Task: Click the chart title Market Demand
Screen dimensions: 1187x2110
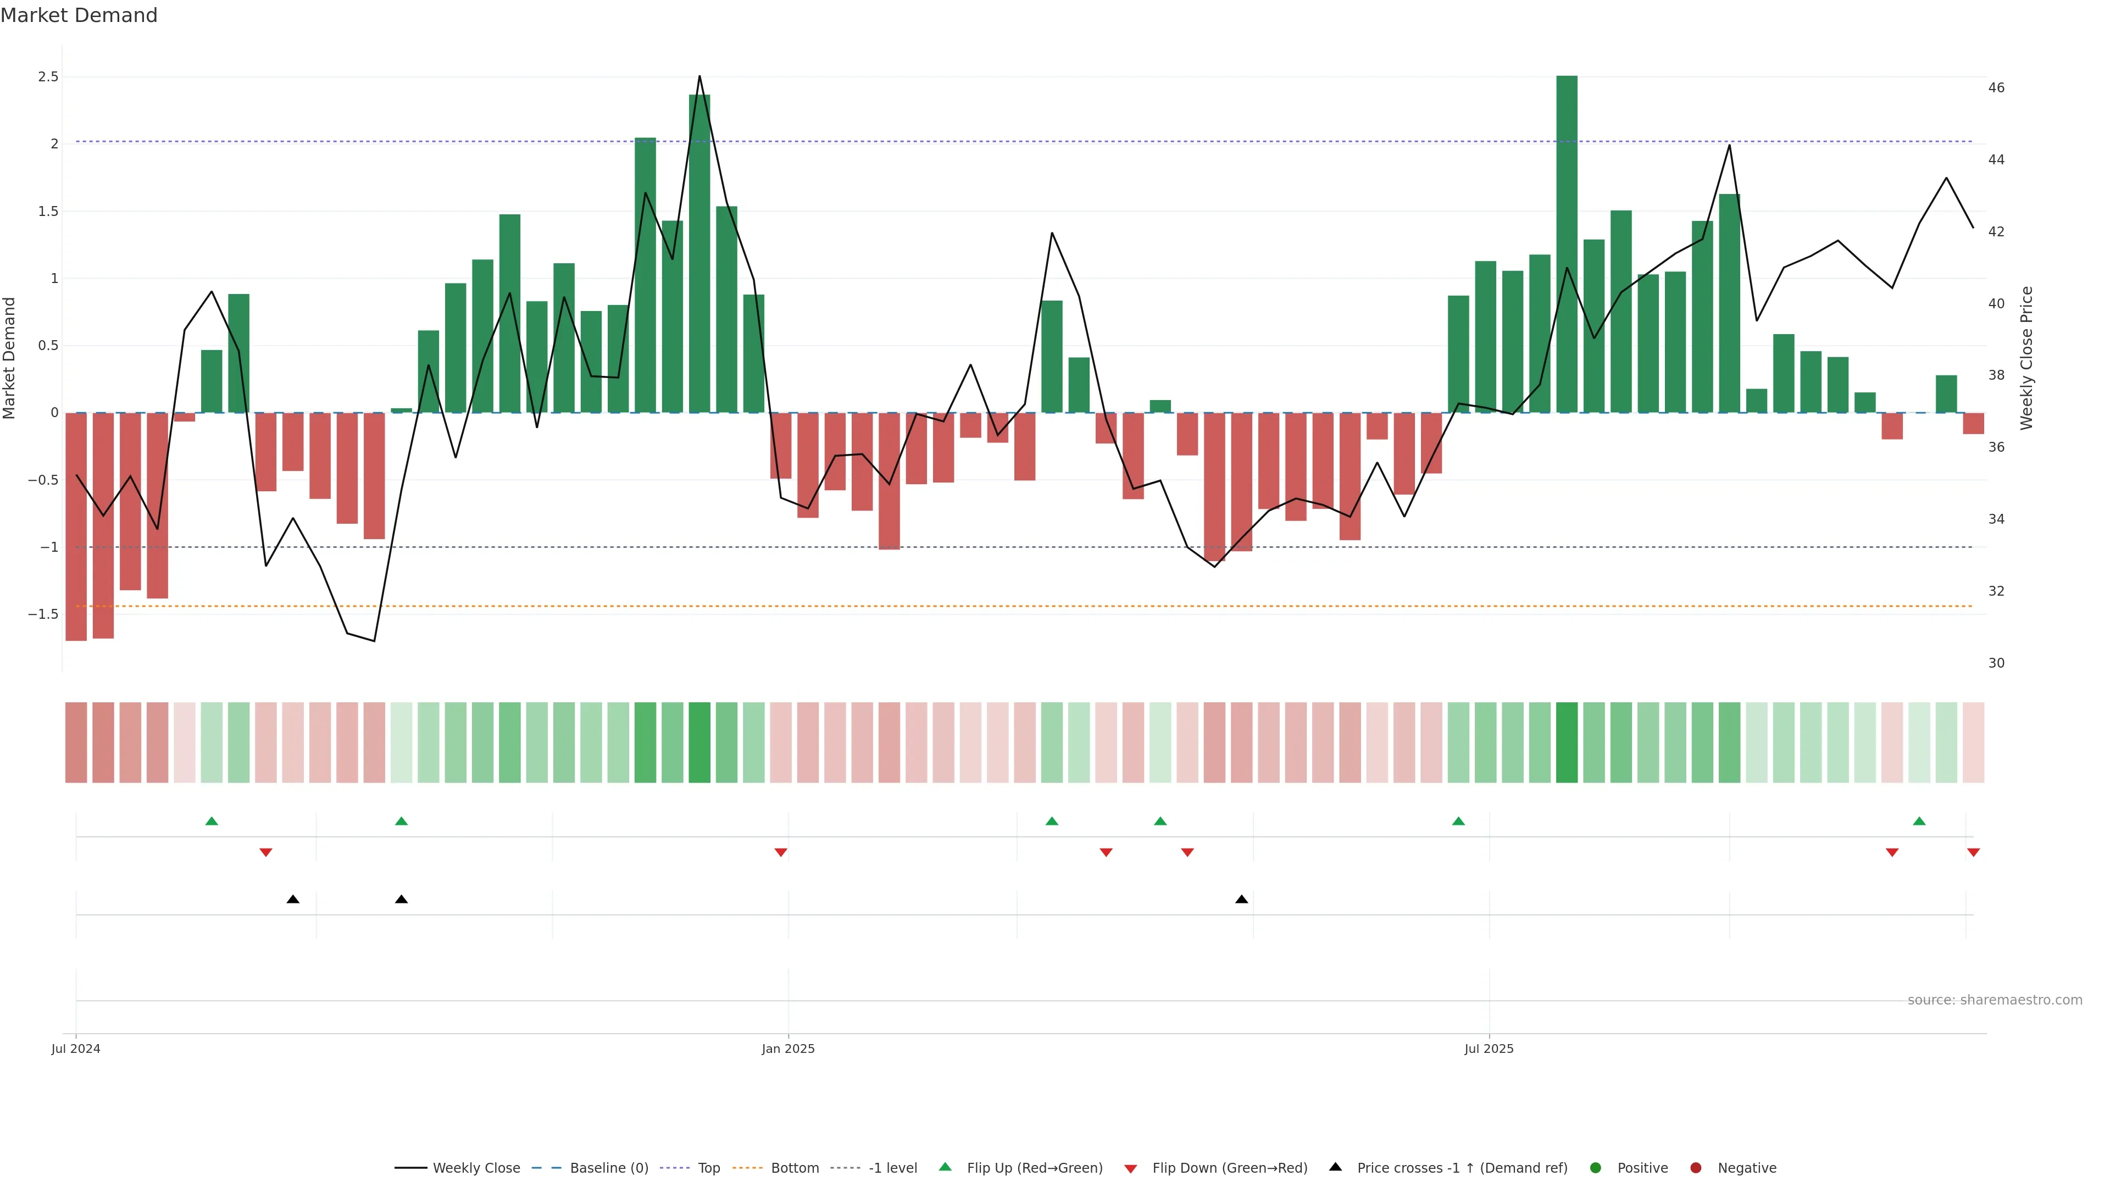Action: point(79,15)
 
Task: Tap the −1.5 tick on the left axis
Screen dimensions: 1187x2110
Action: point(43,614)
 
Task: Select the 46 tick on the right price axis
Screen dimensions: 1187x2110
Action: point(1996,88)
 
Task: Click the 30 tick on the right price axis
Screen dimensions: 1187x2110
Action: point(1996,663)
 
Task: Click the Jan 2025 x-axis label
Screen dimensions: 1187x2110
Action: point(788,1049)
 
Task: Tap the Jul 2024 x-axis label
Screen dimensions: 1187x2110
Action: point(75,1049)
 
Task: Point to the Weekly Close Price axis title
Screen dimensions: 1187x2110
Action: point(2026,358)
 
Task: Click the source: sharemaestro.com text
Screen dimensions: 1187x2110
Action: point(1995,1000)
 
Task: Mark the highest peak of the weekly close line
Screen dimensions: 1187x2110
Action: point(699,76)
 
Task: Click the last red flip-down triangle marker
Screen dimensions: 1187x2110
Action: point(1973,853)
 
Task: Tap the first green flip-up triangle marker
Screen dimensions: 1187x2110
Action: point(212,821)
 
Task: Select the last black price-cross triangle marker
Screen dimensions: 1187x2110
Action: point(1242,900)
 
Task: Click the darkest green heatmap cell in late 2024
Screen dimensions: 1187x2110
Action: point(699,742)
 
